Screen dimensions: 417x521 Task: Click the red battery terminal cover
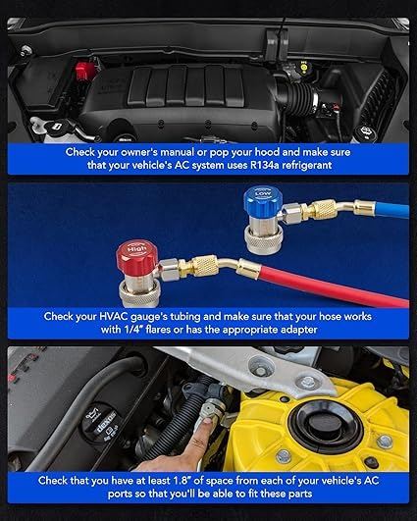(85, 70)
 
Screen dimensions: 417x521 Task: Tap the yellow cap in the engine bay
(304, 68)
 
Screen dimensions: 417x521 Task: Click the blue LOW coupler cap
(263, 199)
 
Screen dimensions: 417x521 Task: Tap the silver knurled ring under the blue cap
(264, 242)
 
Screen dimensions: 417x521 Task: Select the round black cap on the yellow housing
(325, 423)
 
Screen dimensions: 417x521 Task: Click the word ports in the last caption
(120, 495)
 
